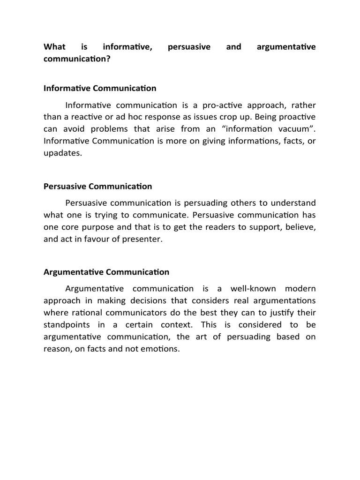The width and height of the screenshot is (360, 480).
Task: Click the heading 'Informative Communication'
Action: (x=100, y=88)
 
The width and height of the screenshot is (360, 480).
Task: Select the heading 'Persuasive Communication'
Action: (x=97, y=186)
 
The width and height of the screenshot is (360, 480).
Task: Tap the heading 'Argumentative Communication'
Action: (x=106, y=272)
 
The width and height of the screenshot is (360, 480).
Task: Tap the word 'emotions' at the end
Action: (x=164, y=349)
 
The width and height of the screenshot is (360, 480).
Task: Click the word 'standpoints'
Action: (x=66, y=324)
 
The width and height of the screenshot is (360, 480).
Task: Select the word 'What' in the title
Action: (x=53, y=47)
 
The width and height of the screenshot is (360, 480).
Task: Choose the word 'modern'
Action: (x=300, y=288)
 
